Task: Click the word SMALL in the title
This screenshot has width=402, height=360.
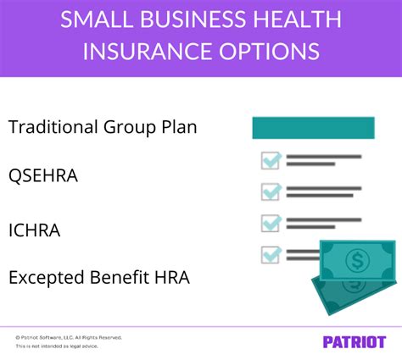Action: click(94, 18)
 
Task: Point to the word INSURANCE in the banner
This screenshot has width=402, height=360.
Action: click(143, 50)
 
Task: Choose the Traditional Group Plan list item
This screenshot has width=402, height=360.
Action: click(102, 128)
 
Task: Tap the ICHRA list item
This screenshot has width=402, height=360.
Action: click(35, 229)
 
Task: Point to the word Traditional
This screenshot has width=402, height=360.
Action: click(49, 128)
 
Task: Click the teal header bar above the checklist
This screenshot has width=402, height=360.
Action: click(314, 128)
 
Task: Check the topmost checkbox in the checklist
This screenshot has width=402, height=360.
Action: click(271, 161)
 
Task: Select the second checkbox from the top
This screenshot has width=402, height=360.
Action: click(271, 191)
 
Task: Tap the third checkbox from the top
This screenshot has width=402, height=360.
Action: click(271, 223)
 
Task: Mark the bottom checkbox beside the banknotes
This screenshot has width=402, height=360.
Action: click(271, 253)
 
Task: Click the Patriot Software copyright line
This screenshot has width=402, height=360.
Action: click(69, 337)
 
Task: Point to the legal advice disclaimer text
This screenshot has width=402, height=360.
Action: click(53, 347)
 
